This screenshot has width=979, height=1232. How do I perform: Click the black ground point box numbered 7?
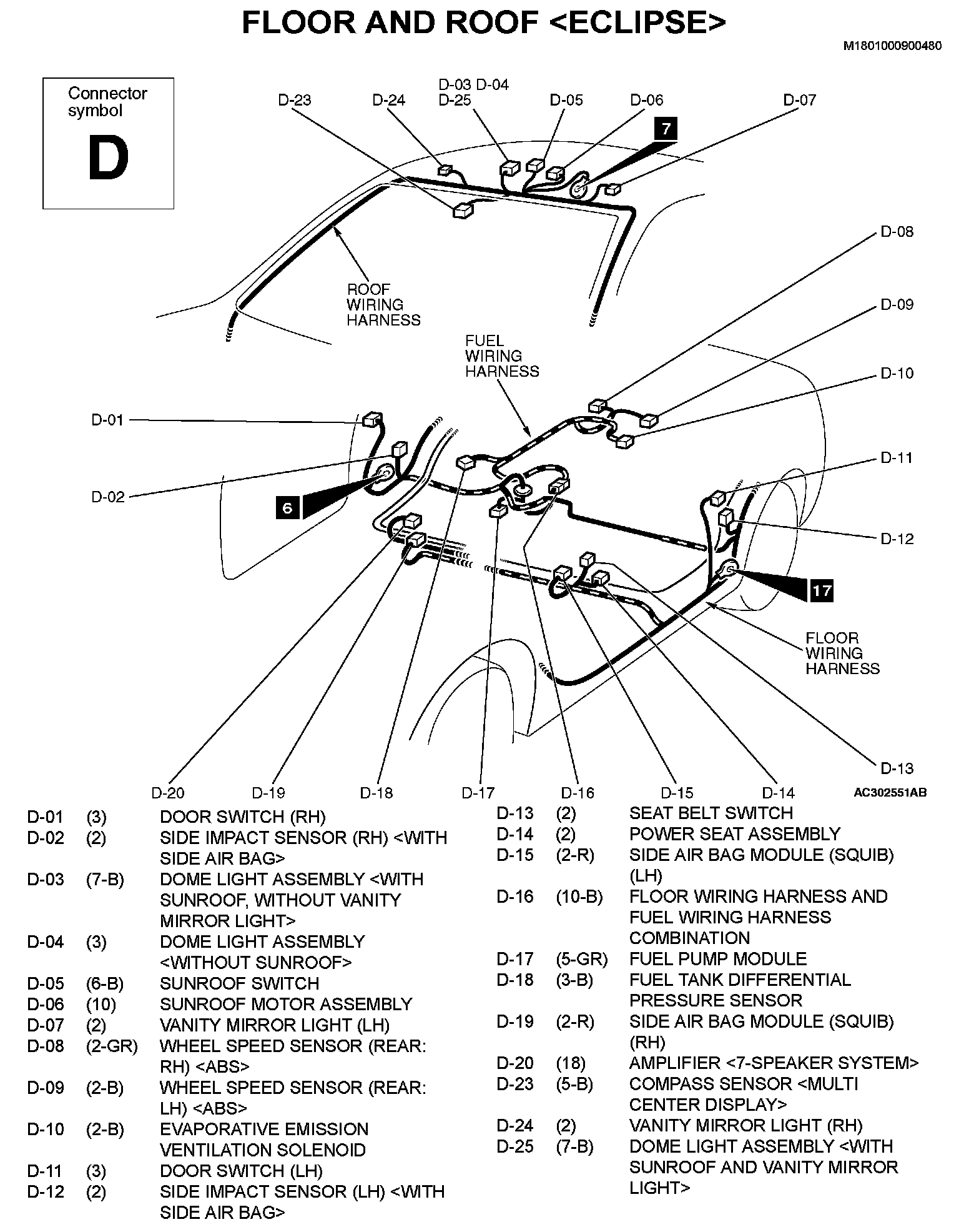coord(666,129)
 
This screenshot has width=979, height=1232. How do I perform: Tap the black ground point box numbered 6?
coord(287,507)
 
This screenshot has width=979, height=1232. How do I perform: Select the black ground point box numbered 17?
coord(822,590)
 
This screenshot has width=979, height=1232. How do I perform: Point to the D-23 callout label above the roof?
coord(295,100)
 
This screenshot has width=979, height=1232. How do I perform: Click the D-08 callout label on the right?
coord(897,232)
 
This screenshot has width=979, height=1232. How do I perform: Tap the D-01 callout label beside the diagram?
coord(108,420)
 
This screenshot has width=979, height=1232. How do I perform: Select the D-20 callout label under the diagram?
coord(168,793)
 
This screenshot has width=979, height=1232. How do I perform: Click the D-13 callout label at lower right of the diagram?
coord(897,768)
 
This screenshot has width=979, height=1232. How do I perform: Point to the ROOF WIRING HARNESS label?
coord(383,305)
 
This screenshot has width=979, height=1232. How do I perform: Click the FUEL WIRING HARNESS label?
coord(501,356)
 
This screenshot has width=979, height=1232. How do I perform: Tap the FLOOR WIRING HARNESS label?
coord(842,653)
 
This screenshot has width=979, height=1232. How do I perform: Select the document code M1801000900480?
coord(892,46)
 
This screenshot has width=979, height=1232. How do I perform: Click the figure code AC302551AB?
coord(890,793)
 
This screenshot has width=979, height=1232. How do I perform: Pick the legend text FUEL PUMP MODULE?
coord(717,958)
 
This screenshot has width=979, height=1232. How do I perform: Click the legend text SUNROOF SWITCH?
coord(239,983)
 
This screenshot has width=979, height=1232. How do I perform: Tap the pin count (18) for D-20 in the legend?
coord(571,1063)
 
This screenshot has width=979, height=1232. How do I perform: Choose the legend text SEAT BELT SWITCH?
coord(711,813)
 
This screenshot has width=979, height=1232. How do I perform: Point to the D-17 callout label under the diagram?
coord(478,793)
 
